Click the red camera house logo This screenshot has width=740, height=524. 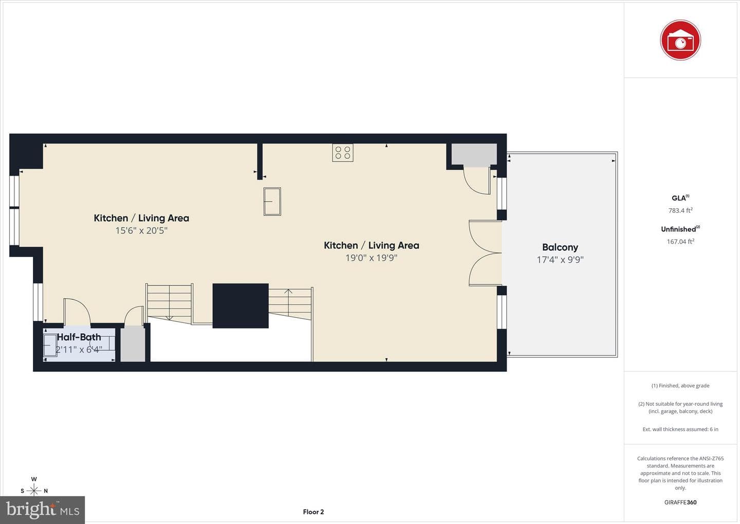tap(680, 40)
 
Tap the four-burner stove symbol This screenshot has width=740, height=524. tap(343, 153)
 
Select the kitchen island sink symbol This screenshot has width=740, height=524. tap(272, 202)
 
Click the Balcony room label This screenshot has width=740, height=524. tap(560, 247)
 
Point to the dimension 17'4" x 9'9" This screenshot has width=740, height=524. tap(560, 260)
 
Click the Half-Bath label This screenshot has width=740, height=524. tap(79, 337)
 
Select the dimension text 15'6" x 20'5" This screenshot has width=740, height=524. tap(141, 230)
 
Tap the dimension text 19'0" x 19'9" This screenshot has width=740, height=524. tap(372, 258)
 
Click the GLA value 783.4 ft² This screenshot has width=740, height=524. tap(680, 210)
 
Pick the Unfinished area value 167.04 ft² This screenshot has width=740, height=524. tap(680, 241)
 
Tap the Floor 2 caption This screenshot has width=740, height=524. tap(313, 512)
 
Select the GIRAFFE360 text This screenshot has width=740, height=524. tap(680, 502)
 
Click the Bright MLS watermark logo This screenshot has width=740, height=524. tap(42, 510)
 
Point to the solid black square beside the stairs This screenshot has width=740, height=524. tap(240, 306)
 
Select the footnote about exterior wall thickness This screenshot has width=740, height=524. tap(680, 429)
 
